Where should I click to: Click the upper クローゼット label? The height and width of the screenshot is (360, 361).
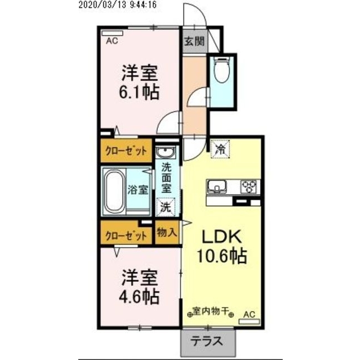click(127, 151)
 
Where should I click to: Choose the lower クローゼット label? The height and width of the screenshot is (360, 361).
click(127, 235)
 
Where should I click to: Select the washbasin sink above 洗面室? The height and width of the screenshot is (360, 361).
click(166, 152)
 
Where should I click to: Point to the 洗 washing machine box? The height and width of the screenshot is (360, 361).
click(166, 206)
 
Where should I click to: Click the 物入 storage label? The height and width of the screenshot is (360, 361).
click(167, 232)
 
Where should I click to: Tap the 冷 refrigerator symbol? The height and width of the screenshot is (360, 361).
click(220, 149)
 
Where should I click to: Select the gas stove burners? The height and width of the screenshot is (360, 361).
click(248, 186)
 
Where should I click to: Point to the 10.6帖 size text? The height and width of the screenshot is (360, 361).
click(221, 257)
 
